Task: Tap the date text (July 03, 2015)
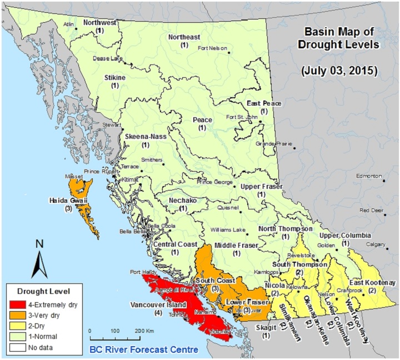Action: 338,71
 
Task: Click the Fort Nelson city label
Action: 212,48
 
